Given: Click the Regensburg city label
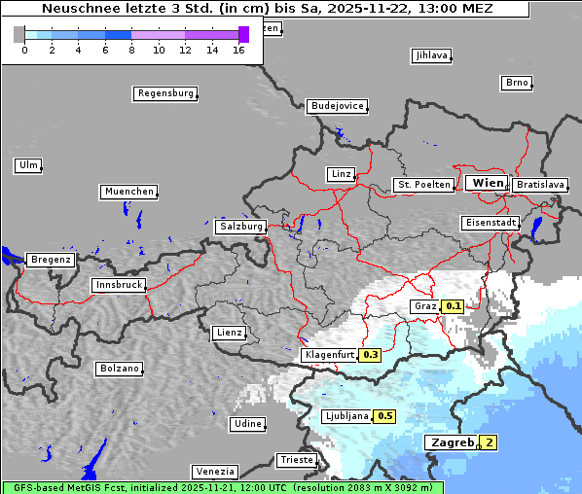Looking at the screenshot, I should click(164, 93).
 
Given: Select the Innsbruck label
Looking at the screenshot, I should click(119, 285).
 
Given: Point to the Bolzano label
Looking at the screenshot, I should click(119, 369).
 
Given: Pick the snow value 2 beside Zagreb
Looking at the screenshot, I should click(489, 442).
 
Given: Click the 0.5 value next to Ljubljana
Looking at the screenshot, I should click(384, 416).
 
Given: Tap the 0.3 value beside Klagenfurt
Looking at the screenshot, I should click(370, 355).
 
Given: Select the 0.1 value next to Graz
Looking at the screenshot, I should click(453, 306).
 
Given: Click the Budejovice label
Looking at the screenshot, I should click(337, 105).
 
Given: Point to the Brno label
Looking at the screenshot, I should click(517, 83).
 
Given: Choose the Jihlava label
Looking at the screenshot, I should click(431, 55).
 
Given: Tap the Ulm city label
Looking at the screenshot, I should click(27, 165).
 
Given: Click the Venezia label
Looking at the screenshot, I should click(213, 471).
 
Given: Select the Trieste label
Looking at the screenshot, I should click(296, 459).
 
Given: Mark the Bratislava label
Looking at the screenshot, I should click(540, 184).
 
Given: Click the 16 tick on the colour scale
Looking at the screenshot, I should click(238, 50).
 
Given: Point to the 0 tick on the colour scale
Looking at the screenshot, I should click(24, 50).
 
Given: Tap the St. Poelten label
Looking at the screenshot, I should click(422, 184).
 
